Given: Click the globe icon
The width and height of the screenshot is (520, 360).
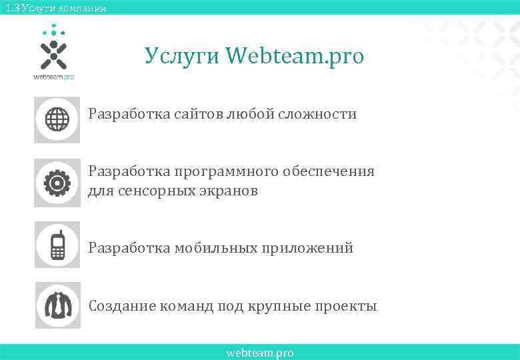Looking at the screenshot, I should pyautogui.click(x=57, y=120).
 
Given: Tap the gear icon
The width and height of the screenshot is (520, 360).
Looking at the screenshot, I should pyautogui.click(x=57, y=182).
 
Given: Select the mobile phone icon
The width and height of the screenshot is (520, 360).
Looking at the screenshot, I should pyautogui.click(x=57, y=245).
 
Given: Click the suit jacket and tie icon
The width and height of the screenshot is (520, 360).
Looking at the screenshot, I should pyautogui.click(x=57, y=305).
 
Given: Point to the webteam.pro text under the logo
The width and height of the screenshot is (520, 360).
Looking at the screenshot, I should pyautogui.click(x=53, y=77).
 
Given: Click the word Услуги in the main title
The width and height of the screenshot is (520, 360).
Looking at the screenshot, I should pyautogui.click(x=181, y=57).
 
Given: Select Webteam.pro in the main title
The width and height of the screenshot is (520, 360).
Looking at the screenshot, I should pyautogui.click(x=295, y=57).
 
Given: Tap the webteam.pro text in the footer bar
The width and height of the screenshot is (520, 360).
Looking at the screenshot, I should pyautogui.click(x=260, y=353).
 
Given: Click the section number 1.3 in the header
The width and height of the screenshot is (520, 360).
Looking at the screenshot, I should pyautogui.click(x=11, y=8).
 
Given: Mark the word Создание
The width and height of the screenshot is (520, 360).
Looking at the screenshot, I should pyautogui.click(x=122, y=306).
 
